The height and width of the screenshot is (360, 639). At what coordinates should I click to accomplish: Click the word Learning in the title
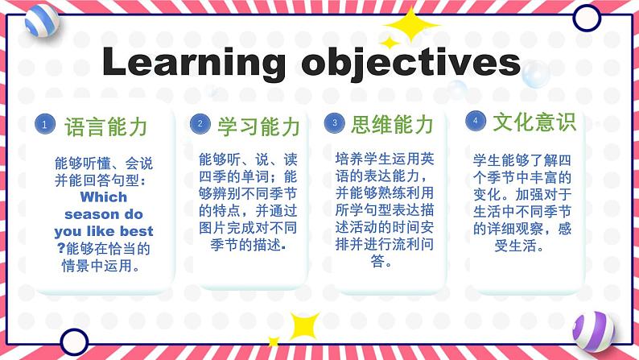click(194, 62)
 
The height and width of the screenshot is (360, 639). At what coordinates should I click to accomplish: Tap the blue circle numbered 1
click(45, 124)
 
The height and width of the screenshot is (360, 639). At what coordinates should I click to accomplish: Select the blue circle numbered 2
click(200, 123)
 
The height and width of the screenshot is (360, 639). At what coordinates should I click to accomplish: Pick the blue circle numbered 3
click(335, 122)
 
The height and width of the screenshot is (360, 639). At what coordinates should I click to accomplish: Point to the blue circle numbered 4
click(476, 121)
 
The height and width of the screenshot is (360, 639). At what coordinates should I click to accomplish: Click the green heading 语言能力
click(106, 126)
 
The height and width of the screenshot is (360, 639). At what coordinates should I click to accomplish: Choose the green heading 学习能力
click(259, 126)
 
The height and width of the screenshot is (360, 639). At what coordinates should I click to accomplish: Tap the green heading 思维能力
click(392, 124)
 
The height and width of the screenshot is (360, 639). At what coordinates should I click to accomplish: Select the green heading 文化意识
click(534, 122)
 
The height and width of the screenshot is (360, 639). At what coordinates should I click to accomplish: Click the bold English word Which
click(104, 197)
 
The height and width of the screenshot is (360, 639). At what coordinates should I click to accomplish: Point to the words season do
click(104, 214)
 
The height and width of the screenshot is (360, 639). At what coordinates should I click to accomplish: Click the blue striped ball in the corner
click(42, 21)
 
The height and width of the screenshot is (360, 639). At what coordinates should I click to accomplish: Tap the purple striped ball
click(593, 332)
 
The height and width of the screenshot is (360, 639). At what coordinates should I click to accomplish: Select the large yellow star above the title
click(411, 25)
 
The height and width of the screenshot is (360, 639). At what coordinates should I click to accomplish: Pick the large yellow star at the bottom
click(304, 325)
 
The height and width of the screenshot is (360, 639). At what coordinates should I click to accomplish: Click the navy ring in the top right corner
click(587, 18)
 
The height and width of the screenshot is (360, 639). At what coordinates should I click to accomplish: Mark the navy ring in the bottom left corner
click(74, 341)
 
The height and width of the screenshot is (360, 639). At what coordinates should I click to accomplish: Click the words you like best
click(104, 231)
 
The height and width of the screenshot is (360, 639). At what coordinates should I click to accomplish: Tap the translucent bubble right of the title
click(535, 74)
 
